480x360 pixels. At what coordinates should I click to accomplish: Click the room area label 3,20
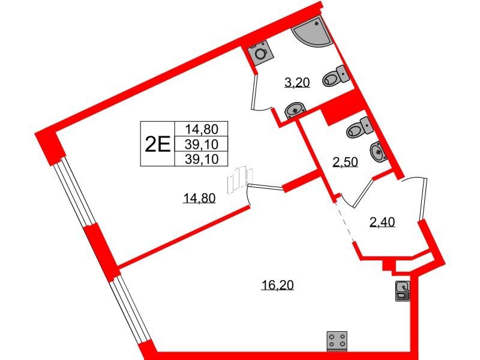pyautogui.click(x=296, y=83)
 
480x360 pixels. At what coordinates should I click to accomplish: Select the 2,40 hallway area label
pyautogui.click(x=382, y=224)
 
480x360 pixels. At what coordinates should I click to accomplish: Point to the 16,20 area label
pyautogui.click(x=277, y=286)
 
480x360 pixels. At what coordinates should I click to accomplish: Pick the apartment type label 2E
pyautogui.click(x=157, y=143)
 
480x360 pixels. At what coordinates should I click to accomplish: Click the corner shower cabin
pyautogui.click(x=314, y=34)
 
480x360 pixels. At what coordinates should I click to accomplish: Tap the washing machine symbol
pyautogui.click(x=260, y=53)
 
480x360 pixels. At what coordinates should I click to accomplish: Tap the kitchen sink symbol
pyautogui.click(x=403, y=290)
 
